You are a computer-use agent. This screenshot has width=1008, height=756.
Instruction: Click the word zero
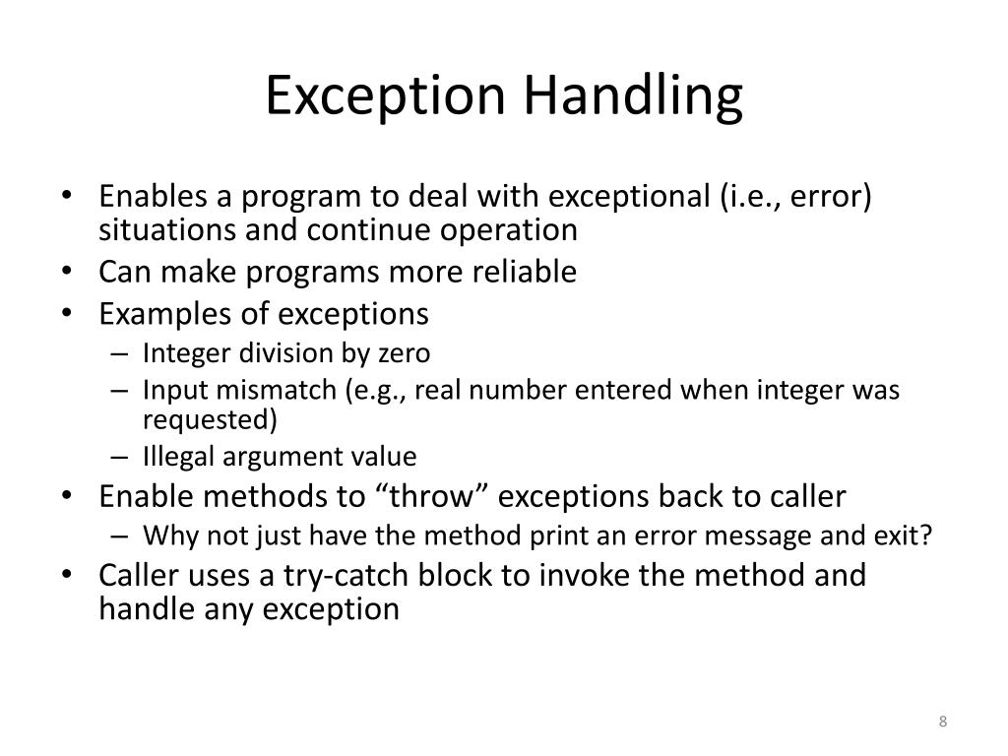(x=406, y=352)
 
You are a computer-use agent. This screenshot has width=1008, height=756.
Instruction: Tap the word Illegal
(x=178, y=457)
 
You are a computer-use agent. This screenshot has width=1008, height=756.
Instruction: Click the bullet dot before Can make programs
(x=77, y=272)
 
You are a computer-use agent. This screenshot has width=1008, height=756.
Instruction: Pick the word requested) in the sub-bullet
(x=210, y=420)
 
